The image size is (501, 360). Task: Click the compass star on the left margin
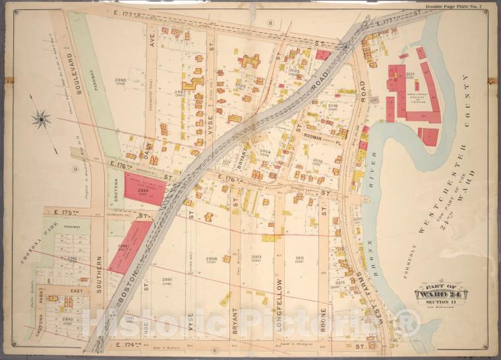tap(41, 119)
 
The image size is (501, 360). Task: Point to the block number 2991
tap(166, 279)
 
